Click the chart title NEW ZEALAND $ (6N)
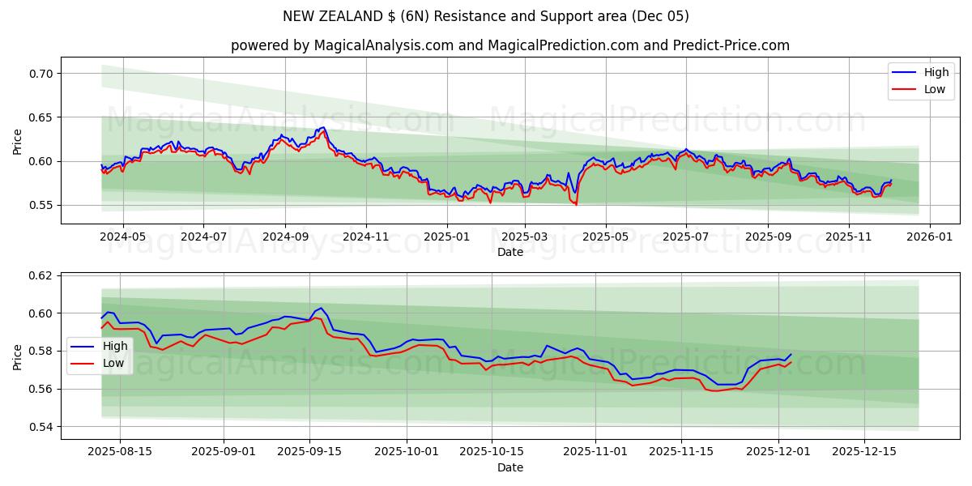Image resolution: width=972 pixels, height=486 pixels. [486, 16]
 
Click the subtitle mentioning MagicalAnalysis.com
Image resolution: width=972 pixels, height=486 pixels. [510, 45]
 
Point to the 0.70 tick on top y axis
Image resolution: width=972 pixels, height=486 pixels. [41, 74]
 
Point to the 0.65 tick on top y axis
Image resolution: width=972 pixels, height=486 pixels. [41, 117]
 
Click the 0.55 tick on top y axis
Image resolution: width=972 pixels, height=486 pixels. [41, 206]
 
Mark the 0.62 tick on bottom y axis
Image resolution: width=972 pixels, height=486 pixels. [41, 275]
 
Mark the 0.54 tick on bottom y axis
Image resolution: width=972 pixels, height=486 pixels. [41, 427]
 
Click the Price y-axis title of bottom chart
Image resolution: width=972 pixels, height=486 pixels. [17, 356]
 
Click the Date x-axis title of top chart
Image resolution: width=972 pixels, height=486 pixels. [510, 252]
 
